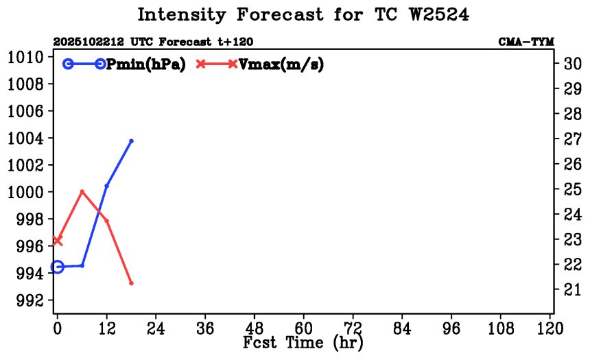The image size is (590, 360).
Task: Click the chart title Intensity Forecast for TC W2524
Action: click(303, 15)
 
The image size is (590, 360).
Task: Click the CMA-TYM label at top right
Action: click(526, 42)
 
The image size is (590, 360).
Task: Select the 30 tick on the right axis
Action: click(572, 64)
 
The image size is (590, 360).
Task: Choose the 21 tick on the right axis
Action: click(572, 290)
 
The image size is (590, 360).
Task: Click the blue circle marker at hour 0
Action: click(58, 267)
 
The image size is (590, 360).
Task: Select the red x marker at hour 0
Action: click(58, 241)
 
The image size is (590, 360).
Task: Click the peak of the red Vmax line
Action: click(82, 191)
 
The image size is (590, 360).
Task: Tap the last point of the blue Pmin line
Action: click(131, 141)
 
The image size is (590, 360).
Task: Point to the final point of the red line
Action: click(131, 283)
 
